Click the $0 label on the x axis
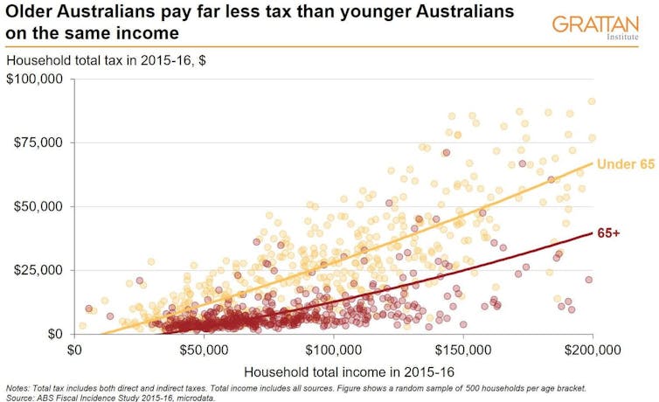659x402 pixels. click(74, 350)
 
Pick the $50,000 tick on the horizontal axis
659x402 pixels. click(204, 350)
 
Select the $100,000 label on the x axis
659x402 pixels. click(333, 350)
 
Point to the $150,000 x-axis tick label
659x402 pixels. click(462, 350)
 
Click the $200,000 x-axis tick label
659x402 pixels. click(592, 350)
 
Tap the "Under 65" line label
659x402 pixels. click(625, 164)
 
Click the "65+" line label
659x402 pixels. click(609, 233)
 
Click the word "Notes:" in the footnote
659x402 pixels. click(18, 387)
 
